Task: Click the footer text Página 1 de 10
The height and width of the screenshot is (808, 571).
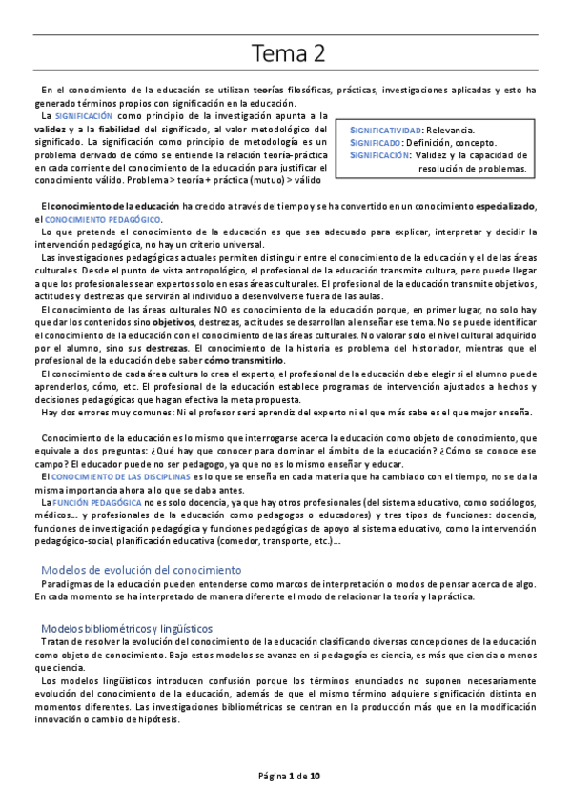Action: coord(286,777)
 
